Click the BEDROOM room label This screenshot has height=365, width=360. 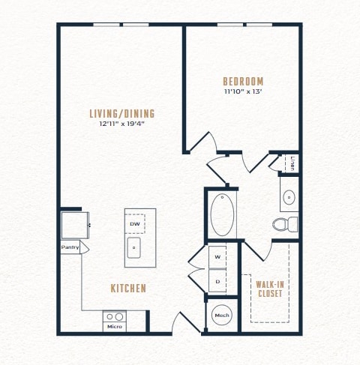(243, 82)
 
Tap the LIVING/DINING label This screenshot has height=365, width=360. (122, 114)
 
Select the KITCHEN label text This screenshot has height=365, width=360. (128, 289)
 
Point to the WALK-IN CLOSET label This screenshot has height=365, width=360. (270, 289)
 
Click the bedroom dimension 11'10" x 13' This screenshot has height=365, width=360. (243, 91)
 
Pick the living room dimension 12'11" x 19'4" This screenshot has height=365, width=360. (122, 124)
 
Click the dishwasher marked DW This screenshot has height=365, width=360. (135, 223)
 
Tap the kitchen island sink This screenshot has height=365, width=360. (133, 247)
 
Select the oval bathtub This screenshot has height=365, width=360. (222, 215)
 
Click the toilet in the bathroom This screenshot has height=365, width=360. (285, 224)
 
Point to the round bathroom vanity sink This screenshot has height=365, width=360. (289, 197)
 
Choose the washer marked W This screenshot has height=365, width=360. (217, 257)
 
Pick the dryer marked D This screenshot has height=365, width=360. (217, 281)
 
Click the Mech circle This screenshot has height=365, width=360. (222, 315)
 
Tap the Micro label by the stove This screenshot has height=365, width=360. (115, 327)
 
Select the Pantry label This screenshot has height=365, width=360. (70, 247)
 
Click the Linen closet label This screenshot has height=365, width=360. (292, 163)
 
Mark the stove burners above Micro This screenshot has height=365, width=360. (115, 317)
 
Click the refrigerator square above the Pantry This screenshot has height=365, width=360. (75, 225)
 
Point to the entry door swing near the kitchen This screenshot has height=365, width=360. (186, 322)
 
